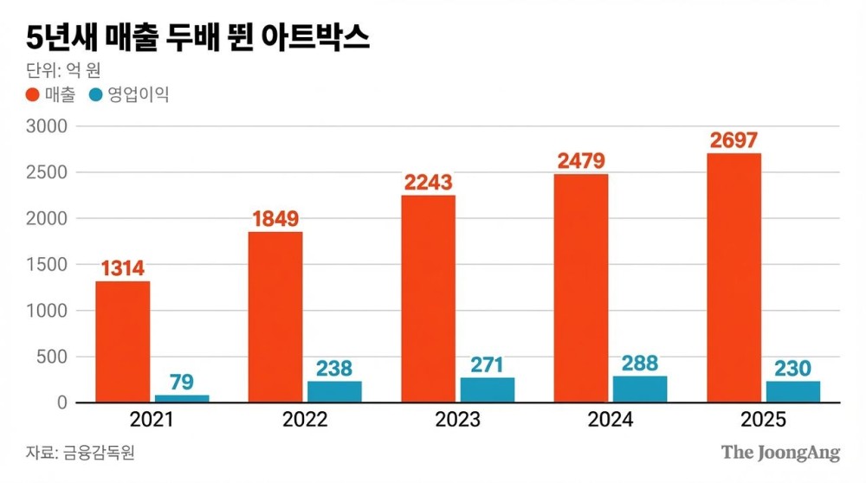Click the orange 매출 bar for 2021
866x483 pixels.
tap(122, 342)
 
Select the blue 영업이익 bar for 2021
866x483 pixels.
tap(182, 398)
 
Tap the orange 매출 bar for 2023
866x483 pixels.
tap(428, 299)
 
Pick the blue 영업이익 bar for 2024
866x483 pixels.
tap(640, 389)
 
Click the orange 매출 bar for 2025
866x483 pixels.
tap(734, 278)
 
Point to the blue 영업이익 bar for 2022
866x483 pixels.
tap(334, 391)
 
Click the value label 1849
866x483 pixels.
tap(275, 219)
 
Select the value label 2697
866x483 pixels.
tap(734, 140)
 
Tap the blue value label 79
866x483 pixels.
tap(182, 382)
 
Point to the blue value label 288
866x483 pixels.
tap(640, 363)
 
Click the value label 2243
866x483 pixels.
tap(428, 183)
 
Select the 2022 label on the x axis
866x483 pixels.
tap(305, 421)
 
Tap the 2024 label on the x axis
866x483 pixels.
tap(610, 421)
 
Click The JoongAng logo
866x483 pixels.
tap(780, 452)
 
